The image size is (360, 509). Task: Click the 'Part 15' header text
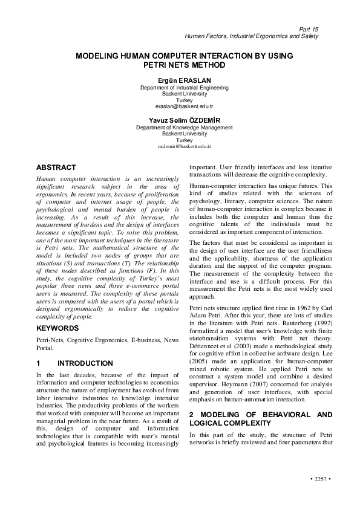tap(309, 29)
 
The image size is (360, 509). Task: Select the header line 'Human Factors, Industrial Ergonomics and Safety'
tap(251, 36)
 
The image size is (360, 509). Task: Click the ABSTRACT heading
tap(56, 167)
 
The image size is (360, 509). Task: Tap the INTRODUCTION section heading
tap(85, 363)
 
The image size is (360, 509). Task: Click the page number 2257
tap(318, 479)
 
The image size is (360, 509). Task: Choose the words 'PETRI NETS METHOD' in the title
tap(184, 65)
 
